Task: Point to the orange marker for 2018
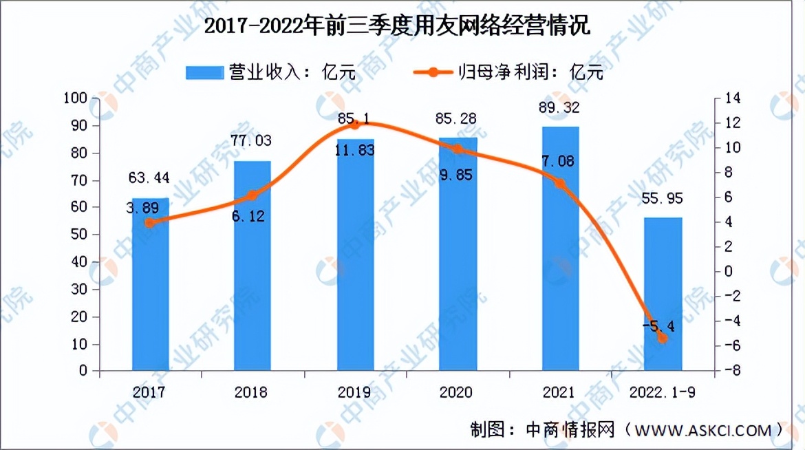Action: (x=253, y=195)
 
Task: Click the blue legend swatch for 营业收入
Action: (x=204, y=72)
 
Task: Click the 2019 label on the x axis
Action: (x=355, y=392)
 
